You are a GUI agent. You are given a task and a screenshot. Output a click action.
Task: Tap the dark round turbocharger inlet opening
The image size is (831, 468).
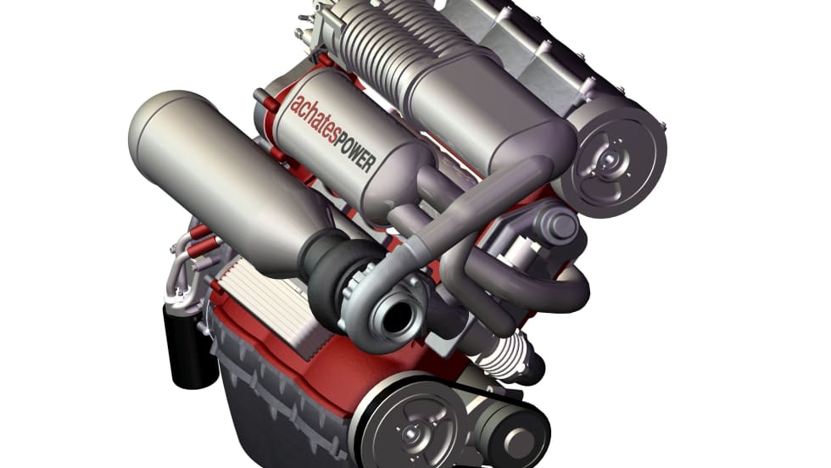pos(395,316)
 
